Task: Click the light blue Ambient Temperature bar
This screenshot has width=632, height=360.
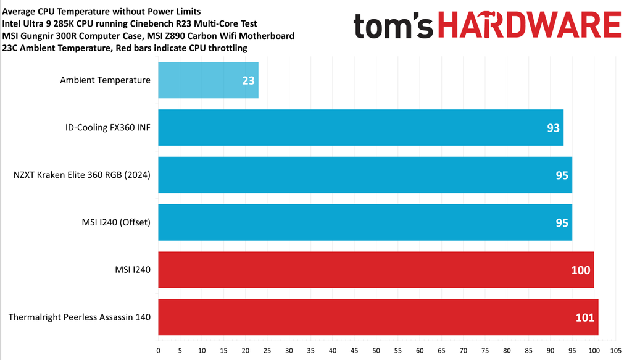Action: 208,80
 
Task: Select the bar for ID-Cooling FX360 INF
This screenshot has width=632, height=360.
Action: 360,128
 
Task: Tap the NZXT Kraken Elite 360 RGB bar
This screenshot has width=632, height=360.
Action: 365,175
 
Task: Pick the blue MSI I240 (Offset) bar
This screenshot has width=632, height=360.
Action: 365,222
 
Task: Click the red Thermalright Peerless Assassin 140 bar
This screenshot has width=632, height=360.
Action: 378,317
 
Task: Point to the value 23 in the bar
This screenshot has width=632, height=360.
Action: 249,80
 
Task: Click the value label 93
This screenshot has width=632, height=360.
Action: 553,128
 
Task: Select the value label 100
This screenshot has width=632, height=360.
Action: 581,270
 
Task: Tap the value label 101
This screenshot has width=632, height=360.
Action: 584,317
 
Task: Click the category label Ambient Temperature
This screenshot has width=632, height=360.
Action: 105,80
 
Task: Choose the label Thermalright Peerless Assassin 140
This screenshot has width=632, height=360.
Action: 80,317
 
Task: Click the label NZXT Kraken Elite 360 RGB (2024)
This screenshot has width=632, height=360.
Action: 82,175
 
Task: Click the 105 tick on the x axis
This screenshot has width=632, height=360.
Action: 616,351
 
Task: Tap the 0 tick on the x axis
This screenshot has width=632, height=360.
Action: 159,351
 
